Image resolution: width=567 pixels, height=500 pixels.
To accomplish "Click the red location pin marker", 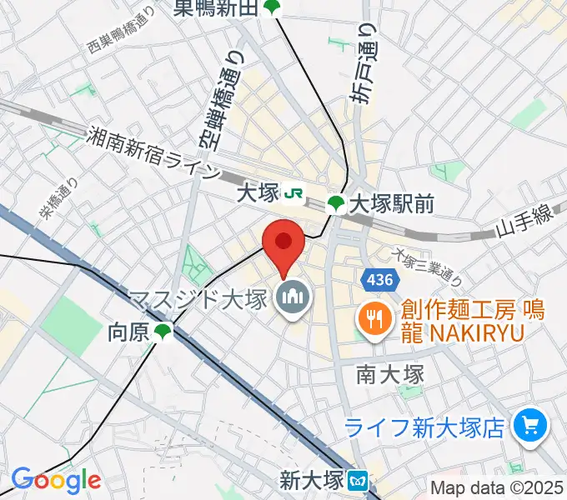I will pos(283,242).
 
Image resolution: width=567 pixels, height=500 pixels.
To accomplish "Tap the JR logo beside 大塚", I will pos(294,193).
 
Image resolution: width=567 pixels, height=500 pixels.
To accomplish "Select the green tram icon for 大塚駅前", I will pos(335,202).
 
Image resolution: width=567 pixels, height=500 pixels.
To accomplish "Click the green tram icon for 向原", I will pos(163,332).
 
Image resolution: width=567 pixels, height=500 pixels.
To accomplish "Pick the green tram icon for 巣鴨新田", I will pos(273,7).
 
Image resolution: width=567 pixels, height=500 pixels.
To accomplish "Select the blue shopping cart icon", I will pos(528,427).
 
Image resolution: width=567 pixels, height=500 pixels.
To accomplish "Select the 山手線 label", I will pos(524,225).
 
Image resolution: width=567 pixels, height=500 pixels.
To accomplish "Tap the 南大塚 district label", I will pos(390,373).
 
